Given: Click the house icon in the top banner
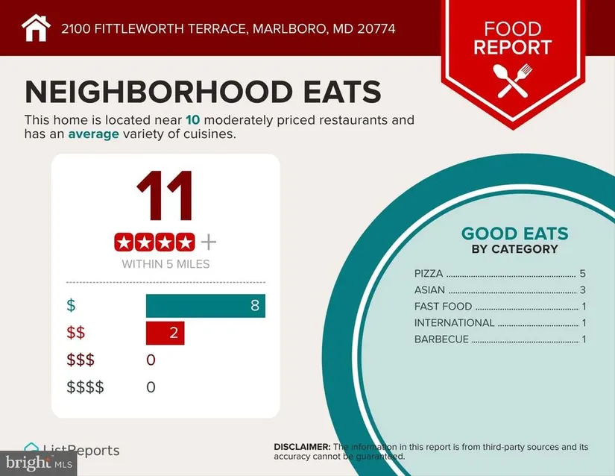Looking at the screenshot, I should (36, 28).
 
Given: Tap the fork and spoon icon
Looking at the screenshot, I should (512, 80).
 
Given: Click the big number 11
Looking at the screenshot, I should (165, 197).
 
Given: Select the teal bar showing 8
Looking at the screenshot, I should (205, 306).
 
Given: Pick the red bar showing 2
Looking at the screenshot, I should (165, 333).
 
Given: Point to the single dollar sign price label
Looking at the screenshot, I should (72, 306).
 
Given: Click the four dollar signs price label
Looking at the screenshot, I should (85, 387).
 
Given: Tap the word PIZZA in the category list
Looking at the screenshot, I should (429, 274).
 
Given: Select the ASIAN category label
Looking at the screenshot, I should (429, 290).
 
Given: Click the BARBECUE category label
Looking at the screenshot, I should (441, 339).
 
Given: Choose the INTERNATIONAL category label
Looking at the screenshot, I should (454, 323).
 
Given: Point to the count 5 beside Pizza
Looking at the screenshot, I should (582, 274).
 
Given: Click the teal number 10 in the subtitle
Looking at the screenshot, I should (193, 120).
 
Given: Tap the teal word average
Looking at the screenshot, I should (94, 135).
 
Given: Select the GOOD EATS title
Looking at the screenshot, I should (514, 234).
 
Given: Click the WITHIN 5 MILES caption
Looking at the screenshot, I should (165, 264).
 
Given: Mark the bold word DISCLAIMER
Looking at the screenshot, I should (302, 446).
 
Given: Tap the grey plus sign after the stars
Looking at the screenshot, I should (209, 242).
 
